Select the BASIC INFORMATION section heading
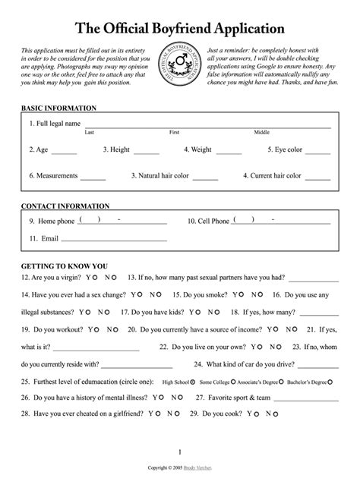(x=58, y=108)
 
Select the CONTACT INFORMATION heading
(x=65, y=206)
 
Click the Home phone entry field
(x=122, y=222)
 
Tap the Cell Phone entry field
(x=281, y=222)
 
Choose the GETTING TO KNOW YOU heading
(x=64, y=267)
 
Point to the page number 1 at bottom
(x=180, y=452)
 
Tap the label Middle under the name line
(x=262, y=133)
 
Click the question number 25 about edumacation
(x=25, y=382)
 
